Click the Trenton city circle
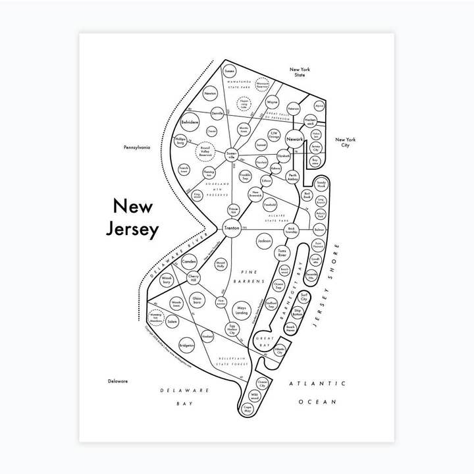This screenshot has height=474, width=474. click(232, 228)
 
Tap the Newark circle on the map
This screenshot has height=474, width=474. click(294, 140)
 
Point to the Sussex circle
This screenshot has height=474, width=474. click(229, 70)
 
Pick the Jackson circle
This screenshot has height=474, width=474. click(264, 242)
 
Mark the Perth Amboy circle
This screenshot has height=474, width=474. click(293, 176)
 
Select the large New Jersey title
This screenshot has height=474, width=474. click(132, 218)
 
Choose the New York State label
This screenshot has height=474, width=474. click(302, 72)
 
